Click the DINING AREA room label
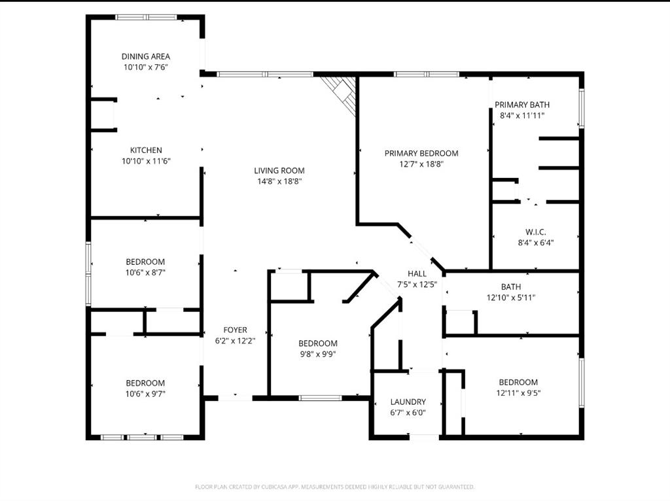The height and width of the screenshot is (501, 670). [x=145, y=56]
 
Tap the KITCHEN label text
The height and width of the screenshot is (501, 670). [x=145, y=150]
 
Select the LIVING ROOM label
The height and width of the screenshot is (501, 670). [x=279, y=171]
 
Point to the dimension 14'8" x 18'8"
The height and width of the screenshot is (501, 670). [x=279, y=182]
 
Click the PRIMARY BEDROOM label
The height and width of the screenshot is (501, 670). [x=421, y=153]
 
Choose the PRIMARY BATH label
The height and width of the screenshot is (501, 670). [x=521, y=105]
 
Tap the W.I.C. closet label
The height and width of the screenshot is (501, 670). [x=535, y=232]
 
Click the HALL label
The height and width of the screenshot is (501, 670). [x=417, y=274]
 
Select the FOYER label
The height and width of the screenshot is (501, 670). [x=235, y=330]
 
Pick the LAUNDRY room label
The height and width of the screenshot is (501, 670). [x=408, y=402]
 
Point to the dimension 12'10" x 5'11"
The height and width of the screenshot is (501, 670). [x=510, y=298]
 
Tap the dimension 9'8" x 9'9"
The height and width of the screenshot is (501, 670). [x=318, y=354]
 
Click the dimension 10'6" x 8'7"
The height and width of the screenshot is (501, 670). [x=145, y=273]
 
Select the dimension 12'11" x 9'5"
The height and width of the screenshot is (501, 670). [x=518, y=393]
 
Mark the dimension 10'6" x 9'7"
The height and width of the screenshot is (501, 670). [x=145, y=394]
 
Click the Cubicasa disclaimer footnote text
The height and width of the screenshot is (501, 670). [x=334, y=487]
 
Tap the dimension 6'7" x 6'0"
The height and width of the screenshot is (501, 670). [x=408, y=413]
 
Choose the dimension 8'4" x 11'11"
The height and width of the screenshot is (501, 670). [x=521, y=115]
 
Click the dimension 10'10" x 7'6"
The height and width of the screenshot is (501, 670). [x=145, y=67]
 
